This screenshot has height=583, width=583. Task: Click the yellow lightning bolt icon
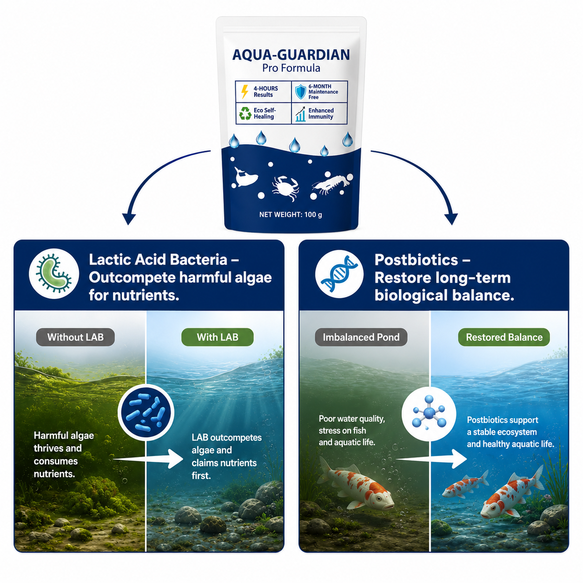pyautogui.click(x=245, y=92)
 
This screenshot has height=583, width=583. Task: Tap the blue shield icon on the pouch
pyautogui.click(x=300, y=92)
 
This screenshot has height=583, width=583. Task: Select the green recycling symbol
pyautogui.click(x=245, y=114)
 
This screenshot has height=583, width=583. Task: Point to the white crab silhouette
pyautogui.click(x=285, y=187)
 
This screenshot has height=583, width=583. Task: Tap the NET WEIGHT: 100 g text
pyautogui.click(x=291, y=214)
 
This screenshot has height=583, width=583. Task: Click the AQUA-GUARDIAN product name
pyautogui.click(x=291, y=55)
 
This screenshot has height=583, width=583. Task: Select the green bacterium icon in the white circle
pyautogui.click(x=54, y=274)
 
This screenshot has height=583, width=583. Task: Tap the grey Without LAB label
pyautogui.click(x=75, y=337)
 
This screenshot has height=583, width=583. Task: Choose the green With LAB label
pyautogui.click(x=217, y=337)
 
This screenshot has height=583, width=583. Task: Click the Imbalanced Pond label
pyautogui.click(x=361, y=337)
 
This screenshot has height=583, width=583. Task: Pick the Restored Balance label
pyautogui.click(x=504, y=337)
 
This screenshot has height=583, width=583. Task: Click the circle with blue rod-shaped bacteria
pyautogui.click(x=146, y=412)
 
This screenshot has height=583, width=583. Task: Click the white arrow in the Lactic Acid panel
pyautogui.click(x=148, y=459)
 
